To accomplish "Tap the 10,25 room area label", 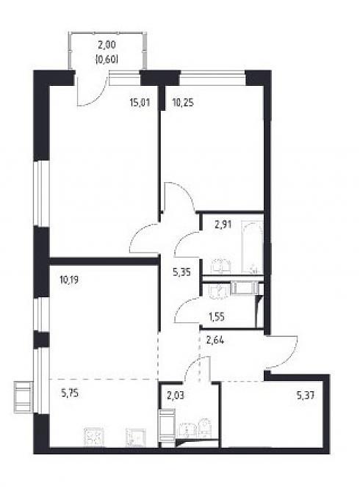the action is [183, 102].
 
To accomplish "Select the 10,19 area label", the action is [69, 280].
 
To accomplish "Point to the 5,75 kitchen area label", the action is [69, 393].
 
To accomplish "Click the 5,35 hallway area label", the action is [182, 272].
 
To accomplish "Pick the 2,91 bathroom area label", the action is [223, 225].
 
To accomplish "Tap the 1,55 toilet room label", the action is [217, 316].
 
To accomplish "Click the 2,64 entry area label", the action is [215, 341].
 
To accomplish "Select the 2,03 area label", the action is [176, 395].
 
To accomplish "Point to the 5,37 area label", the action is [305, 395].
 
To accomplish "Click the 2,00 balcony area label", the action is [107, 45].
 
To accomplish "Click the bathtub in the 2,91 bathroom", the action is [252, 247].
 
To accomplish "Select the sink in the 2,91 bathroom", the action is [221, 265].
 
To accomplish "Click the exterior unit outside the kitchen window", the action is [23, 396].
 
